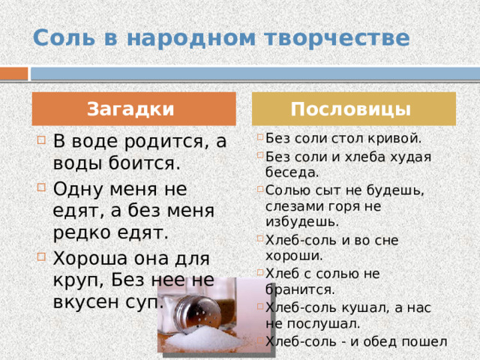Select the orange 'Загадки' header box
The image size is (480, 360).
(131, 109)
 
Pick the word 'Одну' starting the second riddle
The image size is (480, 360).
(76, 187)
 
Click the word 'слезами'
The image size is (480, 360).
(295, 205)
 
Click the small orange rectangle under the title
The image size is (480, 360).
(13, 73)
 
